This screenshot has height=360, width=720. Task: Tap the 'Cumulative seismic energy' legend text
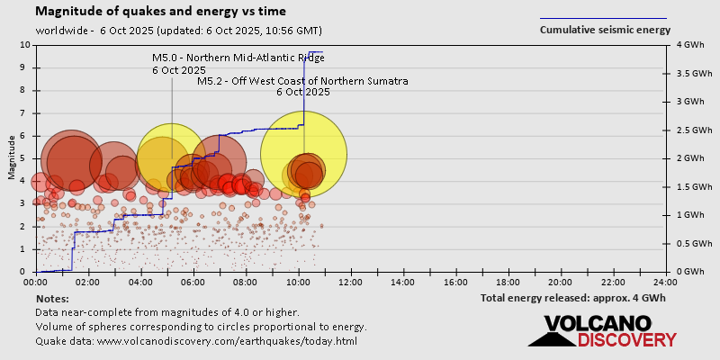coord(605,29)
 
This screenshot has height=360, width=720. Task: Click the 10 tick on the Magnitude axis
coord(27,44)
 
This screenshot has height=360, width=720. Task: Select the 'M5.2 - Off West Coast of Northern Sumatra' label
coord(302,81)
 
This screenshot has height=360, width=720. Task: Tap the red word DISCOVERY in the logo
coord(626,340)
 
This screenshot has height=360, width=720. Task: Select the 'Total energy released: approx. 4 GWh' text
coord(572,297)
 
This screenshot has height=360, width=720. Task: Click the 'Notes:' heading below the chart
coord(51,298)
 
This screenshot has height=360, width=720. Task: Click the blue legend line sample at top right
coord(603,17)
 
